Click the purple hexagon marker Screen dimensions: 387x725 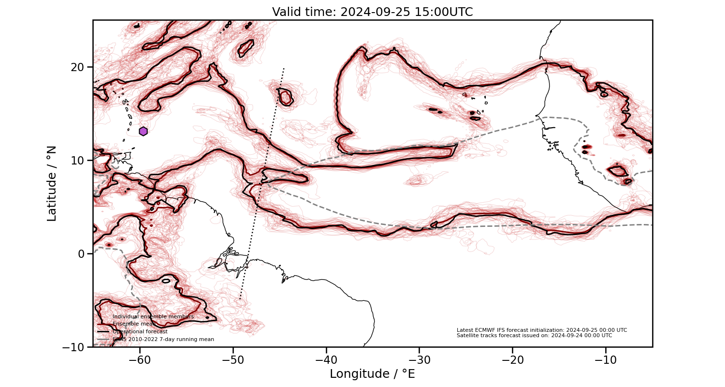(x=143, y=131)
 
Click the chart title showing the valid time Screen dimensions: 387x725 (x=372, y=12)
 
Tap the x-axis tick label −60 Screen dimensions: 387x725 (x=140, y=360)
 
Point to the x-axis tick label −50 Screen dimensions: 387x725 (x=233, y=360)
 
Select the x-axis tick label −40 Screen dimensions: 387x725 (x=326, y=360)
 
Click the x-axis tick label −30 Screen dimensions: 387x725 (x=420, y=360)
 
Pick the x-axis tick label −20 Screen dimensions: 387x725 (x=512, y=360)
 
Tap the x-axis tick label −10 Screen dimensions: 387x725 (x=606, y=360)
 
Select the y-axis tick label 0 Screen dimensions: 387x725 (x=82, y=253)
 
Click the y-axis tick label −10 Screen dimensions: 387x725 (x=75, y=347)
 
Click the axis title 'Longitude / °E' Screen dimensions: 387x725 (x=372, y=374)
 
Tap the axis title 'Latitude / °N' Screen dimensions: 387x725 (x=52, y=183)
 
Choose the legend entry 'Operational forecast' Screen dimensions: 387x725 (x=140, y=332)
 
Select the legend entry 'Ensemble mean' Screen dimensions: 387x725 (x=128, y=324)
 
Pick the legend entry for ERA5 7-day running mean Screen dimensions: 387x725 (x=163, y=340)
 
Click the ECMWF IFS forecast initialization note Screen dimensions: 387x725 (x=542, y=330)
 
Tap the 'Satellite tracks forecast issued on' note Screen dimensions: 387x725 (x=534, y=335)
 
